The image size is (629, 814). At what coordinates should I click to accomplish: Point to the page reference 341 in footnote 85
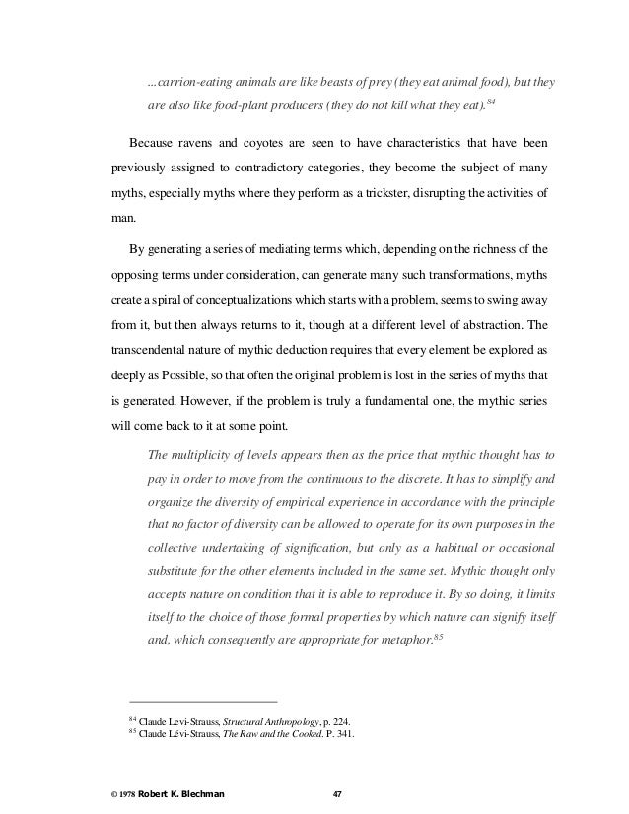coord(342,733)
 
